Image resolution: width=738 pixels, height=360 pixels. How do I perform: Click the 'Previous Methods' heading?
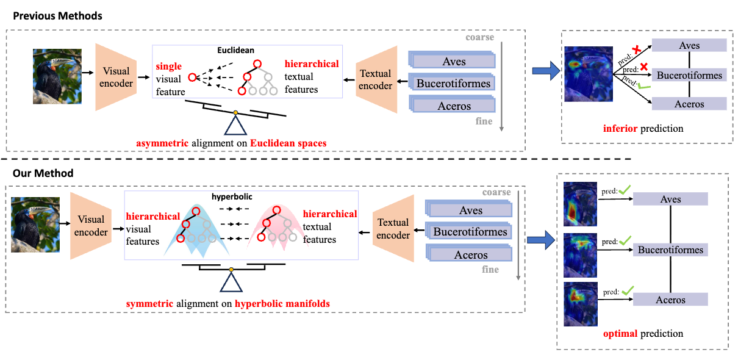tap(57, 16)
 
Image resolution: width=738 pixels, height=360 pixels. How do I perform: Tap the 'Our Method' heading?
tap(43, 173)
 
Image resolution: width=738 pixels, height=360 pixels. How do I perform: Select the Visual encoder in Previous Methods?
tap(116, 77)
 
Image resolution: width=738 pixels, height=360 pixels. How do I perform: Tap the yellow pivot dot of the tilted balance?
tap(235, 112)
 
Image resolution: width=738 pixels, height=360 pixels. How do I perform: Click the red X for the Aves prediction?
tap(637, 49)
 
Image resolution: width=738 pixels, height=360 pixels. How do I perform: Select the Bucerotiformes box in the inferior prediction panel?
tap(689, 76)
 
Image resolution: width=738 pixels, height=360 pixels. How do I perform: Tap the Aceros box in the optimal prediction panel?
tap(670, 300)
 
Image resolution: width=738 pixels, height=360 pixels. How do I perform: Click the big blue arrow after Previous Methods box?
tap(545, 72)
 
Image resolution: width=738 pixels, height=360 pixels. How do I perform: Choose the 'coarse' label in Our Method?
tap(496, 193)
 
